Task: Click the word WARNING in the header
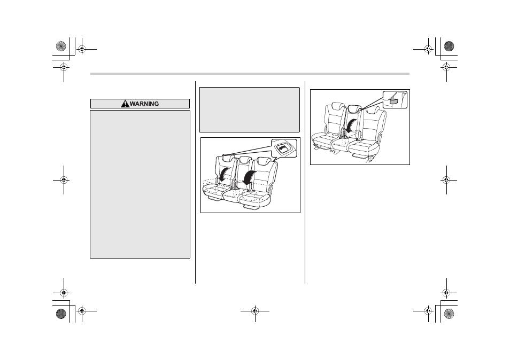[144, 104]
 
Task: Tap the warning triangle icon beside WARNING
[125, 104]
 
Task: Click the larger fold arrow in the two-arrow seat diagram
[249, 178]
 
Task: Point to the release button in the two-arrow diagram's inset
[282, 148]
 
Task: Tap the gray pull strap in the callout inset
[394, 102]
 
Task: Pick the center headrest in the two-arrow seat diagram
[245, 159]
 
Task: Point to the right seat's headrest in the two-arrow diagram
[263, 160]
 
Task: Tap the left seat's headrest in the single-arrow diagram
[338, 106]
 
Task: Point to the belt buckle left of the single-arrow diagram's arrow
[343, 132]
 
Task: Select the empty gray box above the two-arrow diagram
[250, 109]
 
